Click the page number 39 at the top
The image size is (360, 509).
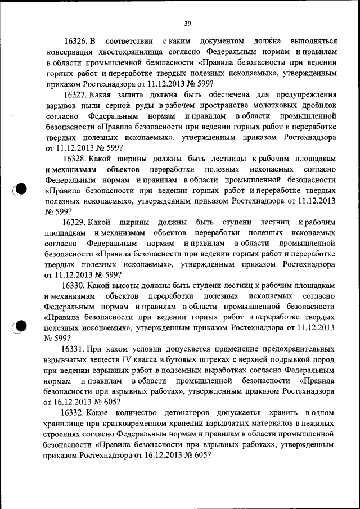tap(188, 23)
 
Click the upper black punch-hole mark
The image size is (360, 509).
tap(21, 189)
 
